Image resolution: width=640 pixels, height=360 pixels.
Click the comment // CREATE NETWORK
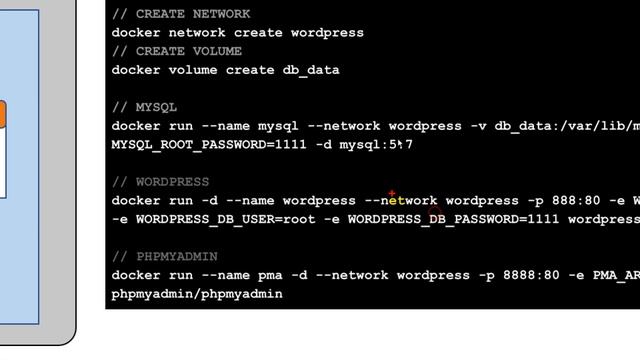tap(181, 14)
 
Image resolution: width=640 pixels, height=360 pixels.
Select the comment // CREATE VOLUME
tap(177, 51)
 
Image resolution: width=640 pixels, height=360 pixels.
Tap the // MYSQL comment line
tap(144, 107)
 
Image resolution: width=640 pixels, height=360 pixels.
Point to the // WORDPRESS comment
tap(160, 182)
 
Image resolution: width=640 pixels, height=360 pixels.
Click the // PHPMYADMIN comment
tap(164, 257)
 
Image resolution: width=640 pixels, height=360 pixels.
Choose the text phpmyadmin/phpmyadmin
tap(197, 295)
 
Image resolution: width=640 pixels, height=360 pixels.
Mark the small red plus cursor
tap(392, 194)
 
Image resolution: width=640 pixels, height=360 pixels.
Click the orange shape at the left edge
tap(3, 114)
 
